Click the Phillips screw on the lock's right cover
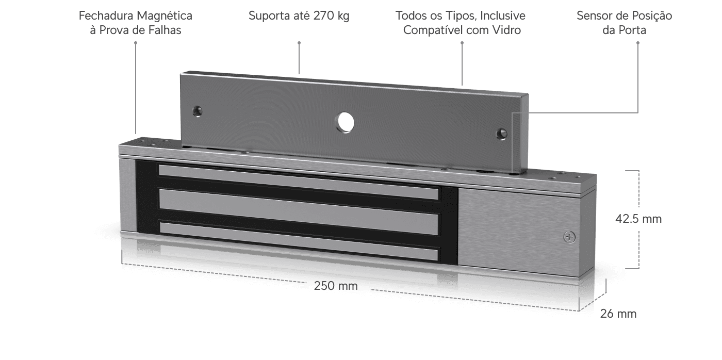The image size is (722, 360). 569,237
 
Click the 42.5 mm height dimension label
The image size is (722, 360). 638,219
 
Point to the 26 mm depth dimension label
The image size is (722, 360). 618,313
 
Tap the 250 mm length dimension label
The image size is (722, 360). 336,285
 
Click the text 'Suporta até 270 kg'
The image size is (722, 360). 299,16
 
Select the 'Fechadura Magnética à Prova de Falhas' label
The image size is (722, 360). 135,23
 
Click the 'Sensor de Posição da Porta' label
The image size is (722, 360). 624,23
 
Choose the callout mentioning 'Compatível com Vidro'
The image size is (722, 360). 461,23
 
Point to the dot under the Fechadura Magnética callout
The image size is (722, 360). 135,43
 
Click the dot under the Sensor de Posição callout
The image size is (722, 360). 638,43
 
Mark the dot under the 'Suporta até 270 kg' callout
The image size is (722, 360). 299,43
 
